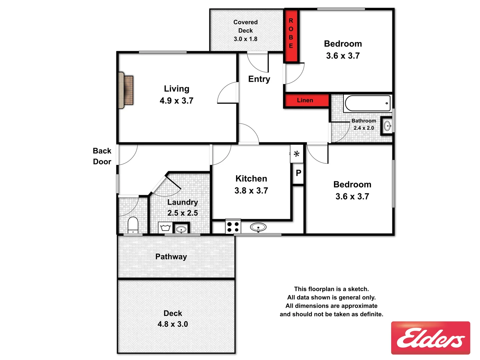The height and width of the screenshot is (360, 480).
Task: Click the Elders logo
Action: point(430,338)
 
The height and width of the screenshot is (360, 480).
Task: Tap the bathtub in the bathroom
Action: point(367,103)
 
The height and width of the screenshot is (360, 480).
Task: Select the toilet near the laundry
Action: point(133,225)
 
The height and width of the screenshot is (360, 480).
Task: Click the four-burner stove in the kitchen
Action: point(233,227)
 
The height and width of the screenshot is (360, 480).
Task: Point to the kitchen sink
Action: point(258,227)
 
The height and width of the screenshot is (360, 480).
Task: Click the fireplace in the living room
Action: point(126,90)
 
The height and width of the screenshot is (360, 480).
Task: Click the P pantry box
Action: point(298,173)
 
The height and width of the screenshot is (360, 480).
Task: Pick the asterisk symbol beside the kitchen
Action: point(296,154)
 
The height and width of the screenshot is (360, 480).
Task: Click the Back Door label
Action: point(102,156)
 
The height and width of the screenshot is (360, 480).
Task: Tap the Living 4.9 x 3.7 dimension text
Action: point(176,101)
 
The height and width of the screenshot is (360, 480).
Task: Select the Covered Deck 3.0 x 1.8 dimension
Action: point(245,39)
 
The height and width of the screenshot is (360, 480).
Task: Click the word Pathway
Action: point(171,257)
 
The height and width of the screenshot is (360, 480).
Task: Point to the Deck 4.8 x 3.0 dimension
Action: point(173,324)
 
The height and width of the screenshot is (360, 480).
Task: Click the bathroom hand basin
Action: point(387,126)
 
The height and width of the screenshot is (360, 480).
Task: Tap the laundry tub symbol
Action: point(166,228)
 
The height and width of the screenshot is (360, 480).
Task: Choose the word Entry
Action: point(259,79)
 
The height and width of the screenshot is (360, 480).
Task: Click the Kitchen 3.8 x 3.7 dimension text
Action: point(251,191)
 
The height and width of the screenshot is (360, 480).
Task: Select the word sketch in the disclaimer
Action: point(358,289)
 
